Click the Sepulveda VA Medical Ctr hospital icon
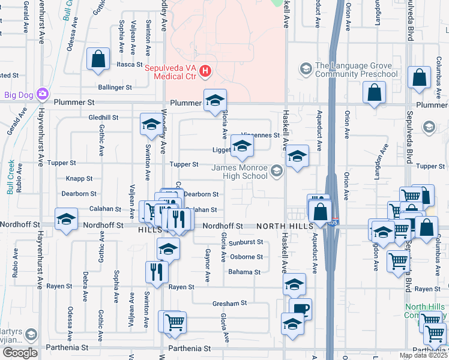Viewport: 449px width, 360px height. click(205, 72)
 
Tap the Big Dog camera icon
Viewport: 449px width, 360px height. click(42, 94)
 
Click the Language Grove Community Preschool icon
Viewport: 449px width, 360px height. click(306, 69)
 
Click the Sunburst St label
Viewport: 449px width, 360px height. click(246, 242)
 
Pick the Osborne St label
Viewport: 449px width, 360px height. click(247, 257)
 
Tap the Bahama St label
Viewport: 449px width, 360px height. click(244, 272)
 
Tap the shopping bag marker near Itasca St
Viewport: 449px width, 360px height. click(98, 59)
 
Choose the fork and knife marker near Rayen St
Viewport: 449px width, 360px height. click(155, 272)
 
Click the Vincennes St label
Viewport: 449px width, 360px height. click(260, 136)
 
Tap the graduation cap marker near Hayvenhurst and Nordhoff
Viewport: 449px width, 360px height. click(65, 218)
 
